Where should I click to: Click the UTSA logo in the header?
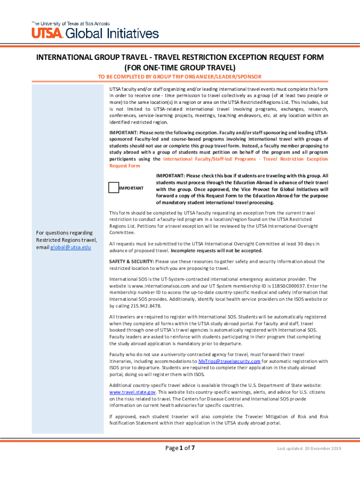click(46, 33)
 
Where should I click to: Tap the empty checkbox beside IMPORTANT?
click(113, 188)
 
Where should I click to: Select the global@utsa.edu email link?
click(71, 247)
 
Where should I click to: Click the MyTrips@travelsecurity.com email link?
click(229, 361)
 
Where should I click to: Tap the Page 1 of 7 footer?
click(180, 448)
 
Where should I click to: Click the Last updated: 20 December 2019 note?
click(309, 449)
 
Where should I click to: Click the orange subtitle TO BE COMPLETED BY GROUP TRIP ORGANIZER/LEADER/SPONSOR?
click(180, 76)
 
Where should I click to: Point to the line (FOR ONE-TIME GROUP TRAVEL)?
click(180, 67)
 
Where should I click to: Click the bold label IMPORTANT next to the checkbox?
click(131, 188)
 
